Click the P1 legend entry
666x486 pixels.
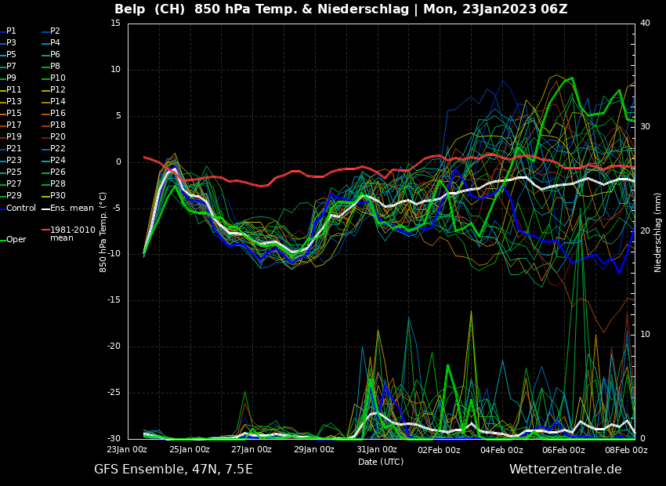click(11, 31)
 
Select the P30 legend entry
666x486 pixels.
click(57, 196)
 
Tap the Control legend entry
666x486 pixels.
click(21, 208)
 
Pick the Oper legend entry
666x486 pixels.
click(16, 240)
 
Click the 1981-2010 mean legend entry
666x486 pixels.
click(67, 234)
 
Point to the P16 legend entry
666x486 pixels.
click(57, 114)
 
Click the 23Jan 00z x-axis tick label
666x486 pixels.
click(127, 450)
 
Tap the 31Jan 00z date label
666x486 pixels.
click(377, 450)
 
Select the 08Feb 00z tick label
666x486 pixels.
click(626, 450)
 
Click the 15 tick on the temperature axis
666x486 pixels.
click(115, 24)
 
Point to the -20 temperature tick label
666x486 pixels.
click(114, 346)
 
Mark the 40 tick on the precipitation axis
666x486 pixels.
click(645, 24)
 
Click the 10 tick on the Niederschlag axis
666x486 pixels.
click(645, 335)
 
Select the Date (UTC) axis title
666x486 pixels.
click(381, 462)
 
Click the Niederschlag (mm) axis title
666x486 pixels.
click(658, 232)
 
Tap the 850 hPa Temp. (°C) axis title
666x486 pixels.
click(103, 232)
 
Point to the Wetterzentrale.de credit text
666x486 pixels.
click(565, 470)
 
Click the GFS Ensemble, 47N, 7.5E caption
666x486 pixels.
click(173, 470)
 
